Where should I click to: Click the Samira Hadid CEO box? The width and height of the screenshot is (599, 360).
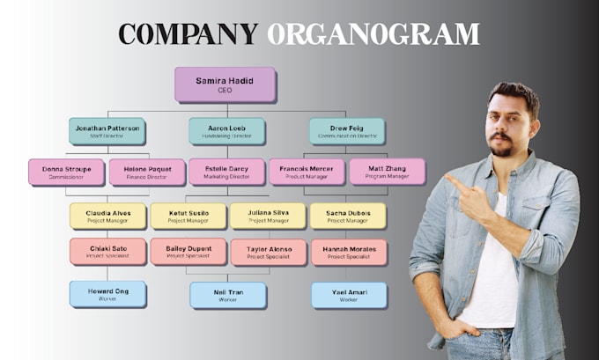pyautogui.click(x=225, y=84)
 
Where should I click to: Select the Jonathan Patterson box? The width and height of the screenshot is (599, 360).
pyautogui.click(x=107, y=131)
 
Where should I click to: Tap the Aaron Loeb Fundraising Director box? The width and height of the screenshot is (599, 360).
pyautogui.click(x=226, y=131)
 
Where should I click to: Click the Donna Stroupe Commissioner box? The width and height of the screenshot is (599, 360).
pyautogui.click(x=66, y=172)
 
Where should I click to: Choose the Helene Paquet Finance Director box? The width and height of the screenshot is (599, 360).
pyautogui.click(x=146, y=172)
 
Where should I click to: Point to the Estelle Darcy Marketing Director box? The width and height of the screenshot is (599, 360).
pyautogui.click(x=226, y=172)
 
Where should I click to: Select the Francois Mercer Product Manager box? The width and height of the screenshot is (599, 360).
pyautogui.click(x=307, y=172)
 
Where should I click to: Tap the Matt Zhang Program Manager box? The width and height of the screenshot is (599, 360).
pyautogui.click(x=387, y=172)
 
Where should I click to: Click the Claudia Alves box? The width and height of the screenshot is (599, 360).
pyautogui.click(x=107, y=216)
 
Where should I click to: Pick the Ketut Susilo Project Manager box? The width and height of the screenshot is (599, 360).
pyautogui.click(x=188, y=216)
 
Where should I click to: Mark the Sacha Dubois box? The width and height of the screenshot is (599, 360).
pyautogui.click(x=347, y=216)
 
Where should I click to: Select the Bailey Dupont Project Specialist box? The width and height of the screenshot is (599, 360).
pyautogui.click(x=188, y=252)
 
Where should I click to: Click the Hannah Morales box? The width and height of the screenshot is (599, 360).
pyautogui.click(x=348, y=252)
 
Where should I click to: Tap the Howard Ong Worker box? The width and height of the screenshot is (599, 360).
pyautogui.click(x=107, y=294)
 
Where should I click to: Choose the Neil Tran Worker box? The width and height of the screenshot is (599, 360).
pyautogui.click(x=227, y=295)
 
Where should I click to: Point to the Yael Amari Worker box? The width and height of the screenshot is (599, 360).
pyautogui.click(x=348, y=295)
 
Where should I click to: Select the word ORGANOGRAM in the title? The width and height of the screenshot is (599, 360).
pyautogui.click(x=373, y=33)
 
